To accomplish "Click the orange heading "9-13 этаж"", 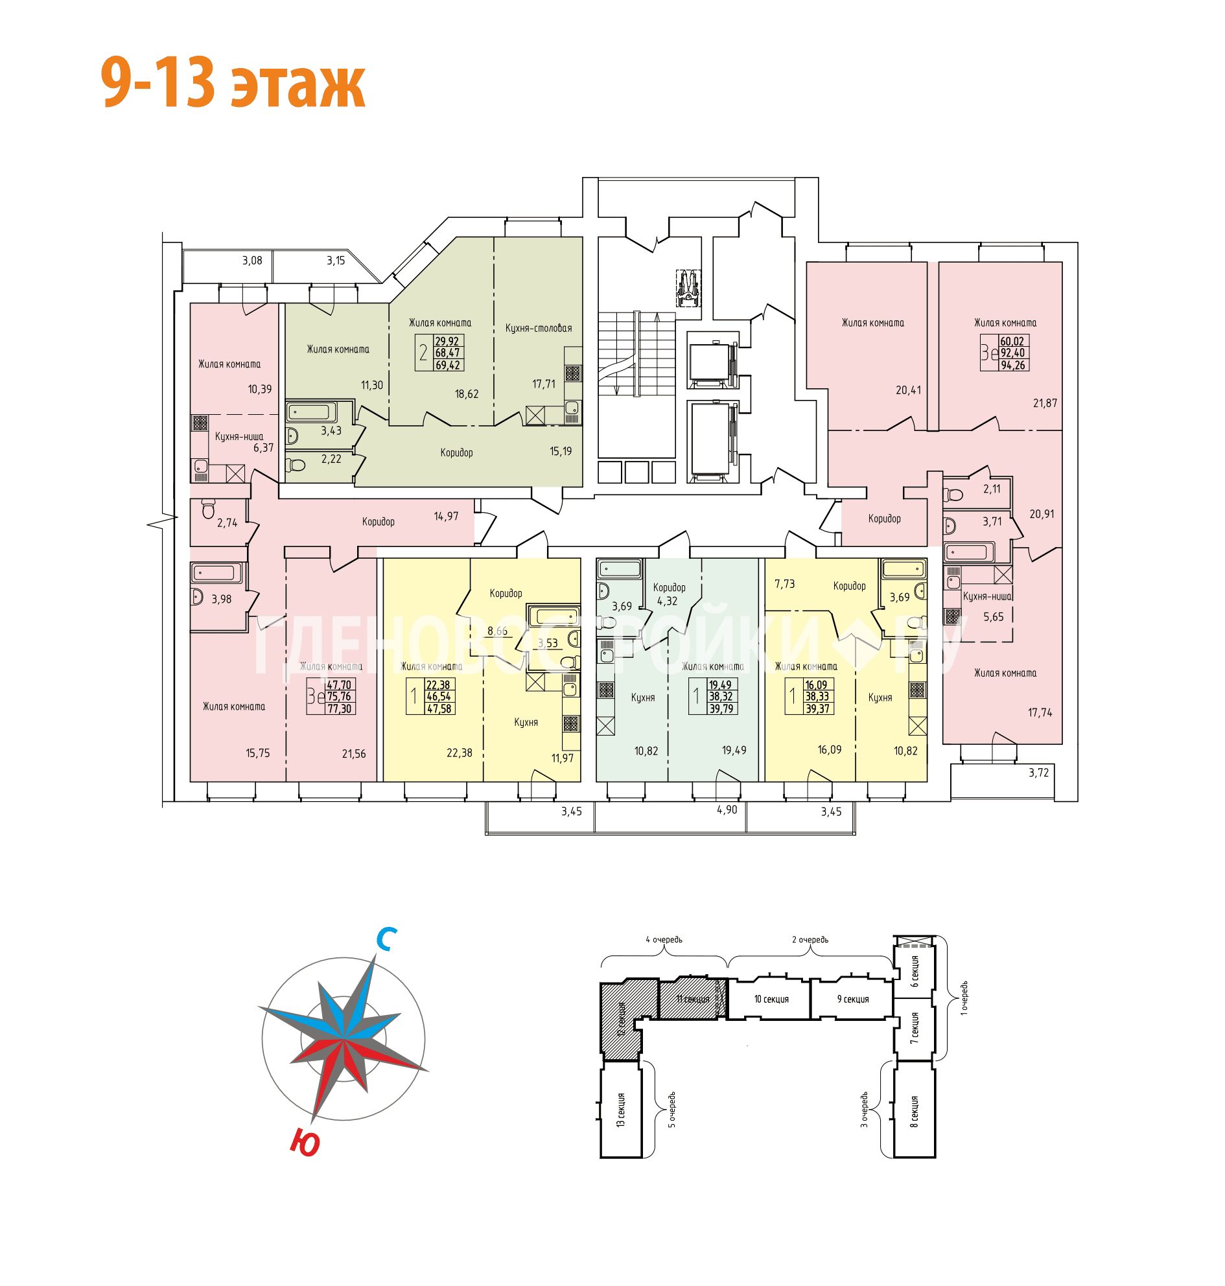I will click(233, 83).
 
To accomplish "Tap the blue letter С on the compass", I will click(386, 939).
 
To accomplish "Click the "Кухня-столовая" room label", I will click(538, 328).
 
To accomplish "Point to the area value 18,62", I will click(466, 394).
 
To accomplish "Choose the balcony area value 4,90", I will click(726, 810).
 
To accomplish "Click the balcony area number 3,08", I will click(252, 261).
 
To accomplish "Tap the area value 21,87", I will click(1044, 403).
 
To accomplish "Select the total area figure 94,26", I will click(1013, 365).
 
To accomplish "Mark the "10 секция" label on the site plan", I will click(771, 1000).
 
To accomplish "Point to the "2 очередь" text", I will click(810, 940).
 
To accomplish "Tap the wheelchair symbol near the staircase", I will click(688, 288).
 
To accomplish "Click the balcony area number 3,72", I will click(1038, 773).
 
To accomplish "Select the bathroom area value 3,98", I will click(222, 599).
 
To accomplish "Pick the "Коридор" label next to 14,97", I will click(378, 521).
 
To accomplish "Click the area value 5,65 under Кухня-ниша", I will click(993, 616).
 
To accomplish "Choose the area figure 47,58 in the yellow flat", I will click(439, 708).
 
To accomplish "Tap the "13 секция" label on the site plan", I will click(620, 1110).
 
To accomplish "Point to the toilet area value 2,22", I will click(331, 459).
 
